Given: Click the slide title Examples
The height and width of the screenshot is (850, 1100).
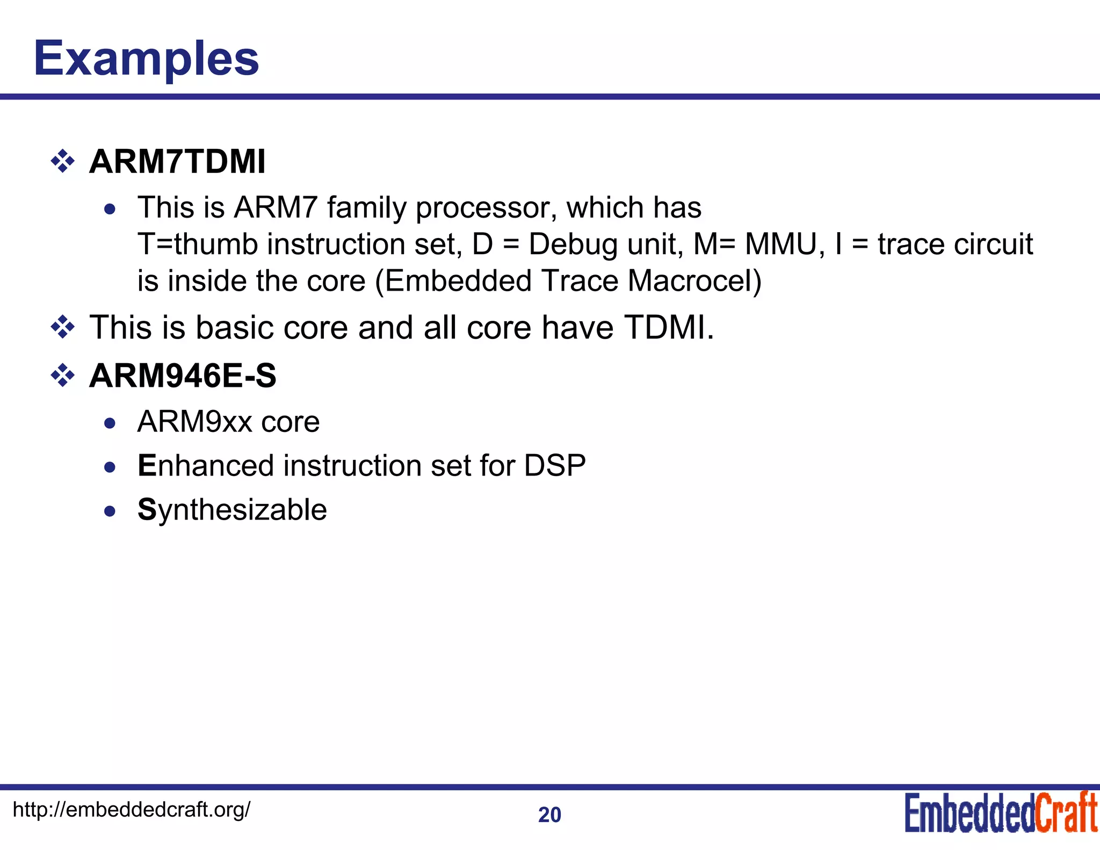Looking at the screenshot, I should [x=146, y=59].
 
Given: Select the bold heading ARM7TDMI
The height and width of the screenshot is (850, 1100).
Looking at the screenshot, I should [x=177, y=161].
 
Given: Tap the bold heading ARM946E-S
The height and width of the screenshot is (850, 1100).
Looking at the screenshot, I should [x=183, y=376].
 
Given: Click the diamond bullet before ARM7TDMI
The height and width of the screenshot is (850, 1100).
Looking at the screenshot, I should [x=63, y=161].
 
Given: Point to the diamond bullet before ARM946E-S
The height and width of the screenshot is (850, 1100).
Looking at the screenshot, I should [x=63, y=376].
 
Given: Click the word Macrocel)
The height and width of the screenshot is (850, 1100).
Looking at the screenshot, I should [x=694, y=281].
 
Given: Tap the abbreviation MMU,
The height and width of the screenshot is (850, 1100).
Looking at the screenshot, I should [x=785, y=244].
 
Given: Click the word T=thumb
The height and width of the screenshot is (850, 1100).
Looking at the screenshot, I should [x=198, y=244].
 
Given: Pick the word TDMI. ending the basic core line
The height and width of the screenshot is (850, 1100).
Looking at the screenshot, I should [x=669, y=327].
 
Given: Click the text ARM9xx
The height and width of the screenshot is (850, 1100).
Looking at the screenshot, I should [x=194, y=422].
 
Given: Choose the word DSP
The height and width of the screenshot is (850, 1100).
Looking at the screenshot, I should [x=555, y=465].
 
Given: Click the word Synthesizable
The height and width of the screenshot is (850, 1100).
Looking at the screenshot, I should [x=232, y=510].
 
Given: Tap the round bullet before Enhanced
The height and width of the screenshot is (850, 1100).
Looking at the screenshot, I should [x=110, y=467].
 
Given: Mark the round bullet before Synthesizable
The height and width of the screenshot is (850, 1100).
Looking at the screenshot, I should [x=110, y=512].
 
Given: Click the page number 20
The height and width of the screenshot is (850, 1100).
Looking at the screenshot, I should [x=549, y=815].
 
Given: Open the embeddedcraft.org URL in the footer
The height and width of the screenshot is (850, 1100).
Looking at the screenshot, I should [x=131, y=809].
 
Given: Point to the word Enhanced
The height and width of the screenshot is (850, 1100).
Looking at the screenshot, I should [x=206, y=465].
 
